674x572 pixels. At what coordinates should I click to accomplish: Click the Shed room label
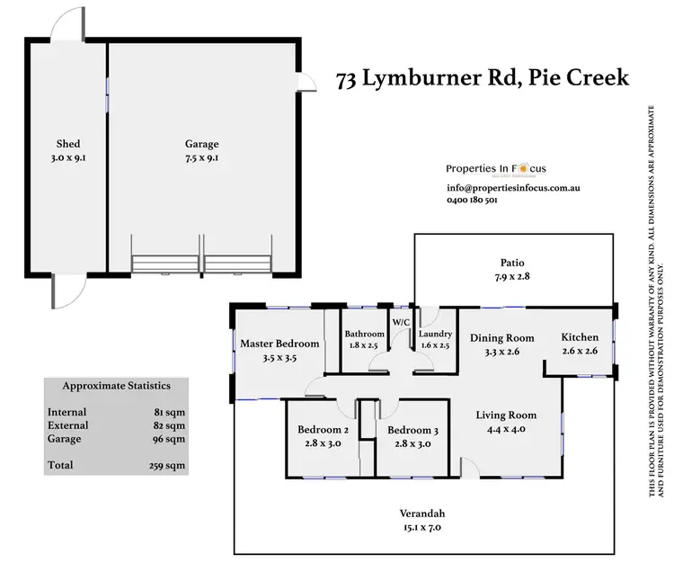pyautogui.click(x=68, y=144)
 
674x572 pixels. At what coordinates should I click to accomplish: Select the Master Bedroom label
pyautogui.click(x=279, y=344)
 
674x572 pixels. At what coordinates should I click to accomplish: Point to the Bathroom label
pyautogui.click(x=365, y=335)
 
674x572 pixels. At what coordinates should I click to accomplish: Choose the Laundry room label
pyautogui.click(x=435, y=335)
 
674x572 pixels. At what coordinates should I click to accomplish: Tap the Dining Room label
pyautogui.click(x=501, y=338)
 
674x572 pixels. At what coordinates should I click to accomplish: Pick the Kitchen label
pyautogui.click(x=580, y=337)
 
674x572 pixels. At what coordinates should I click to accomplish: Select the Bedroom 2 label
pyautogui.click(x=323, y=430)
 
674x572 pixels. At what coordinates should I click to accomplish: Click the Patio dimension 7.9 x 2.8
pyautogui.click(x=512, y=278)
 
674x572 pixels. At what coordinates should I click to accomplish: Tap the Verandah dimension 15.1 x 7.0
pyautogui.click(x=422, y=529)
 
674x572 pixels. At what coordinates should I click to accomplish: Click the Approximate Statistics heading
pyautogui.click(x=116, y=386)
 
